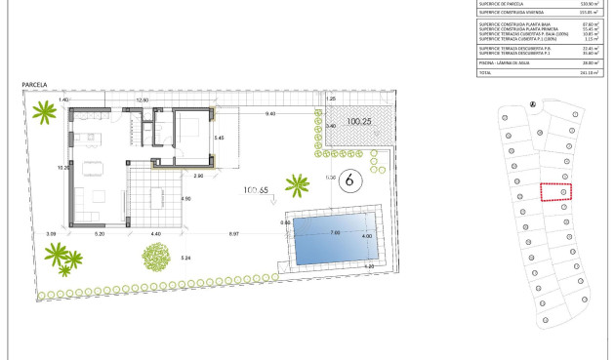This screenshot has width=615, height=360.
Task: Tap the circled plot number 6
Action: pos(354,180)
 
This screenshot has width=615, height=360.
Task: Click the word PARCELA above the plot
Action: pos(35,87)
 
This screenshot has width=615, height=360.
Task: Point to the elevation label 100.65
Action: pos(257,191)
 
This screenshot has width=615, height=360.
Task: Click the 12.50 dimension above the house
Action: pos(141,100)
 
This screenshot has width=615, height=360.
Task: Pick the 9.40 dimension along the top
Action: pos(268,115)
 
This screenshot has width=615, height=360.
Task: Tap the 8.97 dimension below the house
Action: pos(234,234)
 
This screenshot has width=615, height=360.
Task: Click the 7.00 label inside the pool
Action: pos(335,232)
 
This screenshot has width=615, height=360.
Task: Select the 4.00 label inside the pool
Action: pos(367,237)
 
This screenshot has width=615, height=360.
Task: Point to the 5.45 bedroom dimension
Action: pos(220,140)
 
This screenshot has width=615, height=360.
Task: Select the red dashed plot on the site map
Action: pos(555,192)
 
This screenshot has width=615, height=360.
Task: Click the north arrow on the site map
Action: pos(532,104)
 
